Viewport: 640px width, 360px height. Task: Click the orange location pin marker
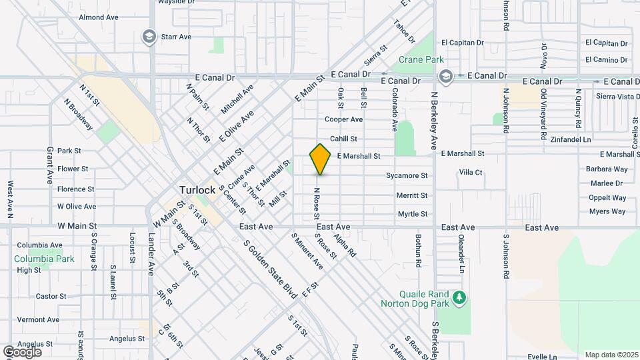(x=320, y=159)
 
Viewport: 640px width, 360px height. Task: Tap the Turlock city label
(x=197, y=190)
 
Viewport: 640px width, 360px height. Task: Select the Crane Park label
(x=421, y=60)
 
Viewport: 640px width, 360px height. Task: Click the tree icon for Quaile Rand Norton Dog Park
(x=458, y=297)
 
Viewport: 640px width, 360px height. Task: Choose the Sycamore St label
(x=407, y=176)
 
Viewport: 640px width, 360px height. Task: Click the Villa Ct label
(x=471, y=172)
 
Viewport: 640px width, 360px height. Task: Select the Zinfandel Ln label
(x=571, y=140)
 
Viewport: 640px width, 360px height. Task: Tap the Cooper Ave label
(x=343, y=120)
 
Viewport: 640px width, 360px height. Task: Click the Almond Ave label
(x=98, y=17)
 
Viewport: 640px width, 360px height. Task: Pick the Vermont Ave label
(x=39, y=320)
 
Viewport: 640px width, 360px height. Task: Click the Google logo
(x=22, y=351)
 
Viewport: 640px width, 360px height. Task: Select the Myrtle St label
(x=412, y=214)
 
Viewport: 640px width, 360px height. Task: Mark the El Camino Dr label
(x=607, y=60)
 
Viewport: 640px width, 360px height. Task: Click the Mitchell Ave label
(x=238, y=98)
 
